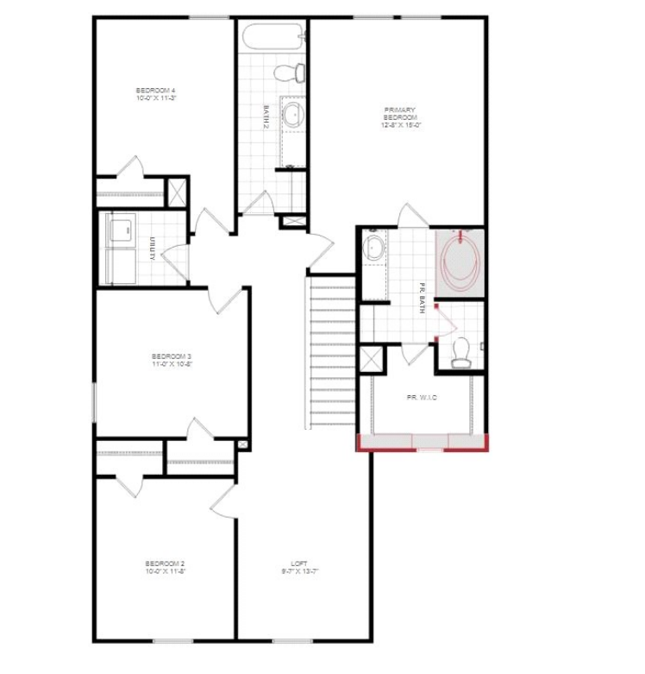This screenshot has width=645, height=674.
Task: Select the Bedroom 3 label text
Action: coord(171,360)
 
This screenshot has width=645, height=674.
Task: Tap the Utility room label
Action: coord(152,249)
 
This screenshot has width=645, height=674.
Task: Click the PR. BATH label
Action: coord(423,299)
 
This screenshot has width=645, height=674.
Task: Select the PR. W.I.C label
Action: coord(423,397)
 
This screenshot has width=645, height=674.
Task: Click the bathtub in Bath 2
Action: coord(272,37)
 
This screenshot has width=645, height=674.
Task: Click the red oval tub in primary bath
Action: coord(461,260)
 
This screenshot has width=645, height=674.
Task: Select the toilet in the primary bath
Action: coord(460,352)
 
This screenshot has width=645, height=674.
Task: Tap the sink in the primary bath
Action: coord(375,249)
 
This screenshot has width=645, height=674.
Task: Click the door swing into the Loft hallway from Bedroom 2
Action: coord(223,499)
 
